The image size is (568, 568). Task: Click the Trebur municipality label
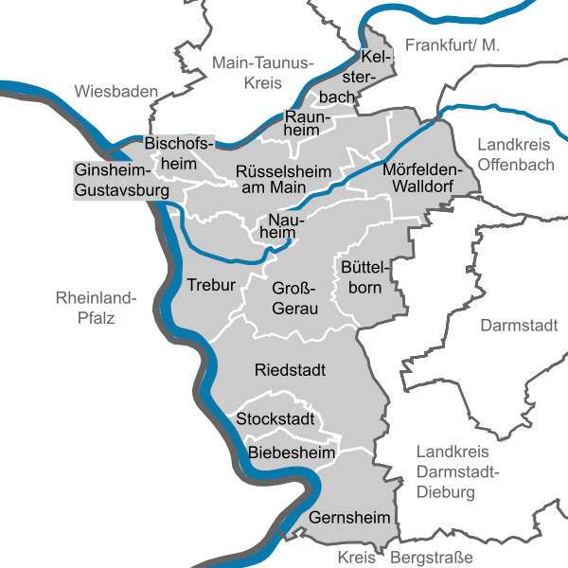[x=210, y=285]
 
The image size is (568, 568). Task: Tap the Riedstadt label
[x=291, y=369]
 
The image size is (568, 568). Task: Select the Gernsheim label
[x=349, y=518]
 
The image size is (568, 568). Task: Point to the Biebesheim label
[x=293, y=453]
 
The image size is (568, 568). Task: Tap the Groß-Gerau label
[x=294, y=298]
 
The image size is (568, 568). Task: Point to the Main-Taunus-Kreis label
[x=261, y=73]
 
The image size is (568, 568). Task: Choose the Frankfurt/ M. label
[x=452, y=44]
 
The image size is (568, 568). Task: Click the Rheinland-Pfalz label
[x=96, y=309]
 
